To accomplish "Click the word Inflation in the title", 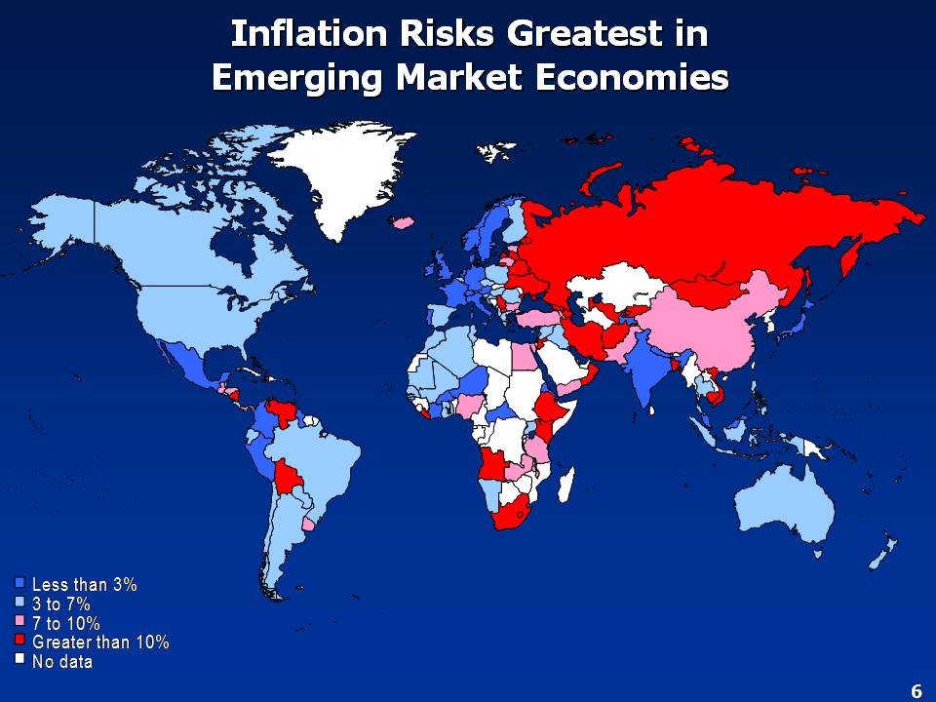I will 303,34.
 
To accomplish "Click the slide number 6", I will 916,690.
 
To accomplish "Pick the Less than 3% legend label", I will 84,585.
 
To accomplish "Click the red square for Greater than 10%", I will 19,643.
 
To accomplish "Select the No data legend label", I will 62,662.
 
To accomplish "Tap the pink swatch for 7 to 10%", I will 19,623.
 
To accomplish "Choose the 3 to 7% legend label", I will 61,604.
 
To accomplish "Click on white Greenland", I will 336,175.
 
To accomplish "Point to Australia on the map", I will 785,502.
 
